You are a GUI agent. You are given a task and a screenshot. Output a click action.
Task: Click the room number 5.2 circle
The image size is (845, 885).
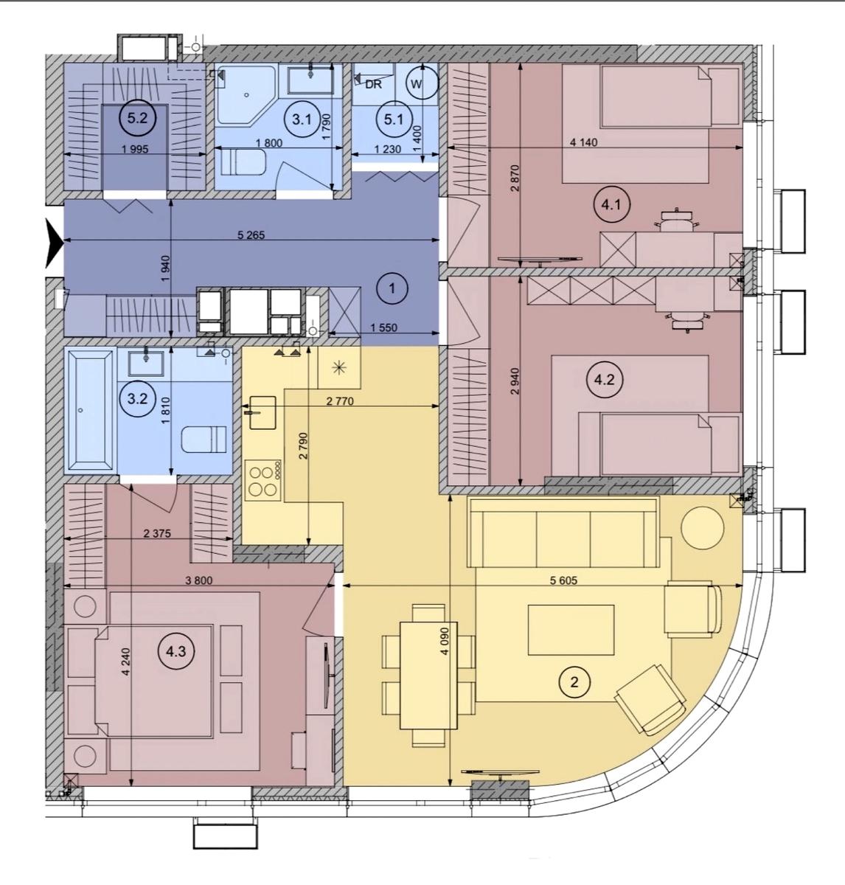[137, 118]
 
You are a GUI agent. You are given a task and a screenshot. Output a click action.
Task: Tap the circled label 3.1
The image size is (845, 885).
[302, 119]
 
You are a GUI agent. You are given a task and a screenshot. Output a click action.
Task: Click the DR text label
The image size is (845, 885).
[373, 85]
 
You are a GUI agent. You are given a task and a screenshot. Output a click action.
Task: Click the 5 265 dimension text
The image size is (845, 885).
[251, 235]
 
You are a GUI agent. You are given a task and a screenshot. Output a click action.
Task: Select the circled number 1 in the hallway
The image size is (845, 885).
[392, 288]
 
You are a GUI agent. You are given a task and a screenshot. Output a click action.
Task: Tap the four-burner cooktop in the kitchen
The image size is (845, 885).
[263, 480]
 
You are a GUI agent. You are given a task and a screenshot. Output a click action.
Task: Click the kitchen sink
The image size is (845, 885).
[262, 412]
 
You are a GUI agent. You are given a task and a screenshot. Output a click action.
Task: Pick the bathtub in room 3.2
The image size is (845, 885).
[90, 411]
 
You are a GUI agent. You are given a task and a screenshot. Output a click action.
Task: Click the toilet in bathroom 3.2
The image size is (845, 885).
[204, 440]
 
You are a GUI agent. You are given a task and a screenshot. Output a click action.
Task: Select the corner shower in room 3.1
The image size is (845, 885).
[246, 95]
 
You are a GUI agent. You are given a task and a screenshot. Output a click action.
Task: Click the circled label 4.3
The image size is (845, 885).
[175, 652]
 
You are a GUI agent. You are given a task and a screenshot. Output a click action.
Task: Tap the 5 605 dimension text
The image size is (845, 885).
[563, 580]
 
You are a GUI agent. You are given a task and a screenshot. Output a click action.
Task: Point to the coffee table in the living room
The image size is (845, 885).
[571, 630]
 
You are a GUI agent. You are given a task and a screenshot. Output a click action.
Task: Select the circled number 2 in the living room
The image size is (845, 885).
[574, 682]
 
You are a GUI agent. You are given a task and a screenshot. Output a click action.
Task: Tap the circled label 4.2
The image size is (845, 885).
[604, 380]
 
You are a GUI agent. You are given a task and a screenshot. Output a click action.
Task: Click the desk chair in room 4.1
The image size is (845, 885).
[676, 221]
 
